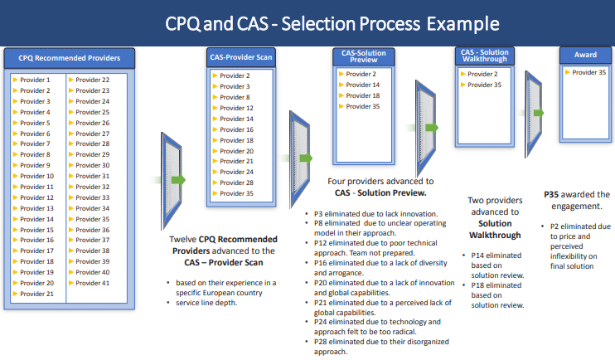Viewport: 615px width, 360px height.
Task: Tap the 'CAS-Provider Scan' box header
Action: [x=239, y=56]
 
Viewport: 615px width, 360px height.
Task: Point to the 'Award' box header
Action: [x=585, y=56]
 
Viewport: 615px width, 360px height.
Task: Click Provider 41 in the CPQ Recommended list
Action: [x=93, y=283]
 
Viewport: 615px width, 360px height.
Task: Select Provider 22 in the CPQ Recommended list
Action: [x=93, y=80]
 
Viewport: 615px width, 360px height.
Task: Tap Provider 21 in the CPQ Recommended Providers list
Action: [x=36, y=294]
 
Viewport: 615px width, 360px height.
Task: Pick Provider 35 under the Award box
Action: [x=588, y=73]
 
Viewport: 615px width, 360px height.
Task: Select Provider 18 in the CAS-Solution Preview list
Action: [x=363, y=95]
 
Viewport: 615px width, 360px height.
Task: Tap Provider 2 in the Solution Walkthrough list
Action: [x=482, y=74]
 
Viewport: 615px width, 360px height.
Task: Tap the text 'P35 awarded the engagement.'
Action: [x=576, y=200]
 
